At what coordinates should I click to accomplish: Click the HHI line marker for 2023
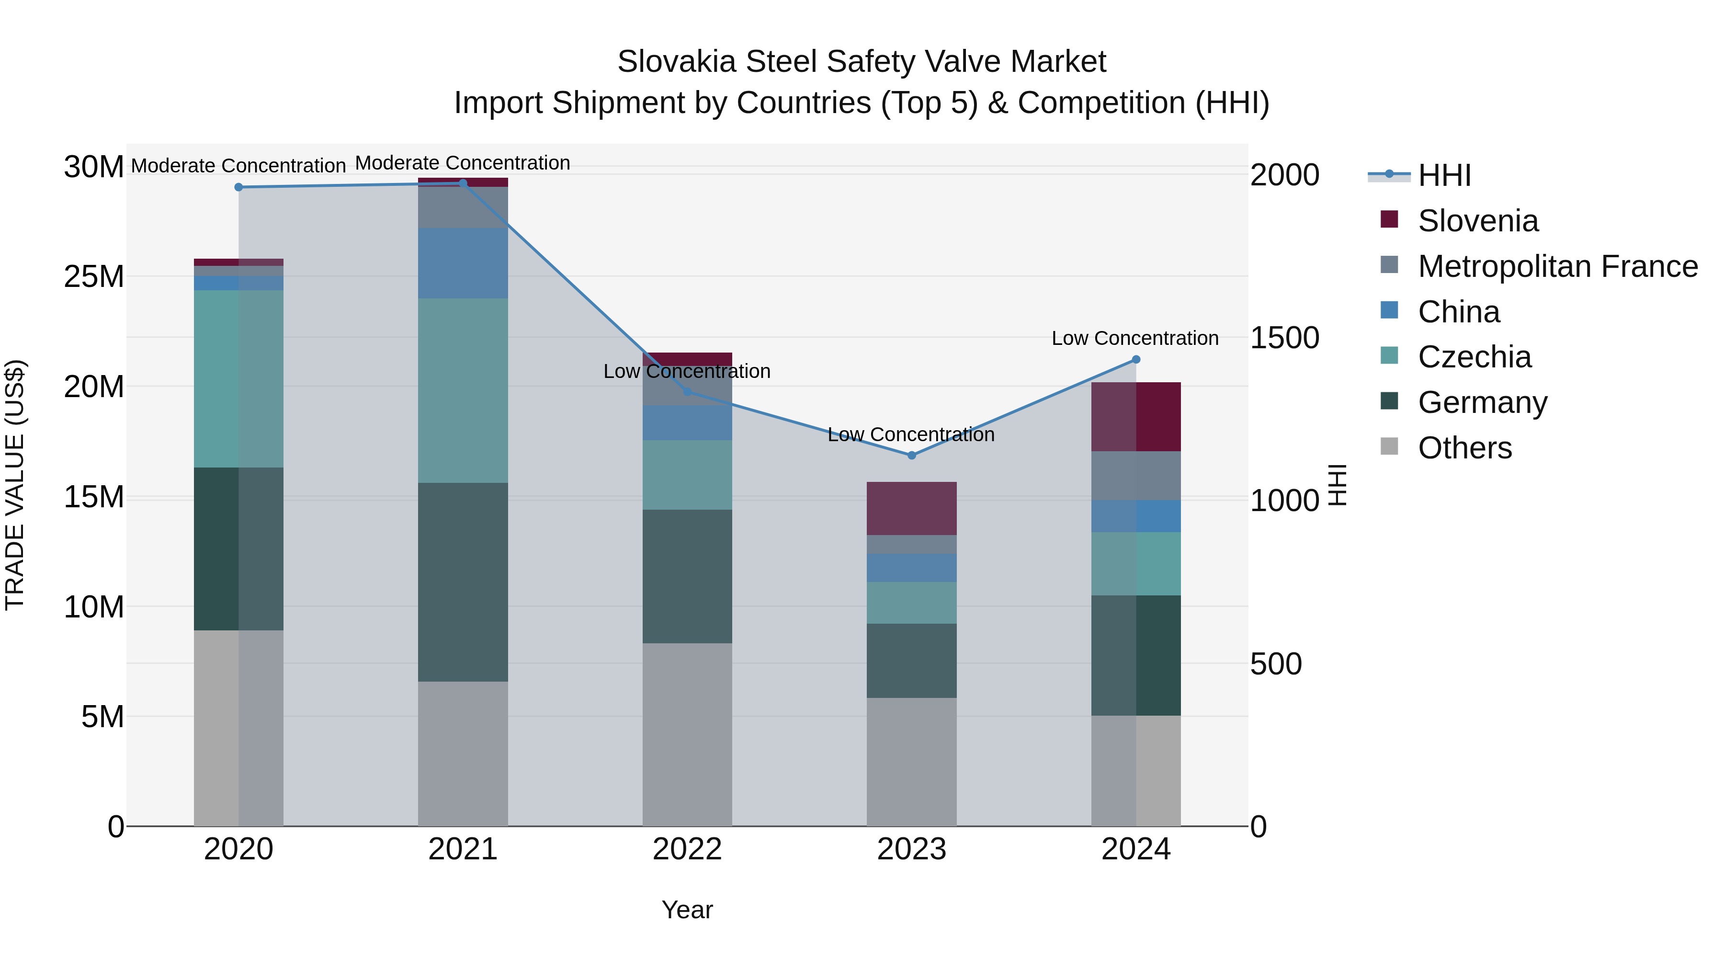click(911, 455)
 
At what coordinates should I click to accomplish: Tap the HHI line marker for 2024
click(1136, 359)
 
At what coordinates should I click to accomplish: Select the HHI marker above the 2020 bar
click(239, 187)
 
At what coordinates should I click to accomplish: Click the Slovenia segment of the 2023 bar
click(911, 508)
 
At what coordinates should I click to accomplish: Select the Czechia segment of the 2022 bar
click(687, 475)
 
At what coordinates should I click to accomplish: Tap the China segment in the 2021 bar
click(463, 262)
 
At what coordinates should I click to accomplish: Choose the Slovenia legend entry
click(1478, 221)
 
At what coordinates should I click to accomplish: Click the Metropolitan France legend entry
click(1557, 266)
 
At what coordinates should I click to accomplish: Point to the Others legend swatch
click(1389, 446)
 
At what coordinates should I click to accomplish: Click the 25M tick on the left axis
click(94, 276)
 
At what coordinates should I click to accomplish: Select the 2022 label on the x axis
click(687, 849)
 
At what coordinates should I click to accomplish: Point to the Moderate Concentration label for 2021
click(463, 163)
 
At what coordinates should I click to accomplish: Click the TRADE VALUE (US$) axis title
click(15, 485)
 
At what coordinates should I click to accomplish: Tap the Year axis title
click(687, 910)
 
